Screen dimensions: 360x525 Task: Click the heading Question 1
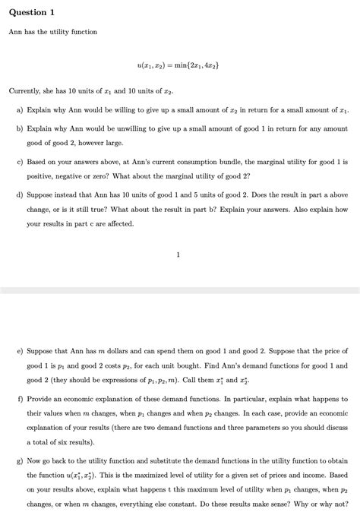[32, 12]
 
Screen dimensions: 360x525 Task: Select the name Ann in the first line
[15, 32]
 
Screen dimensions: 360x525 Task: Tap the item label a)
[21, 110]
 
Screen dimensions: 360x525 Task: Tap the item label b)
[21, 129]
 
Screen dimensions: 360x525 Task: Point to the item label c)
[21, 163]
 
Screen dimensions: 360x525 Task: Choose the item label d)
[21, 195]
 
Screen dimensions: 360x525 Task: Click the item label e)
[21, 352]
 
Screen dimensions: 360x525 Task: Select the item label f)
[21, 399]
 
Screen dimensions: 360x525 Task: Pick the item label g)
[21, 460]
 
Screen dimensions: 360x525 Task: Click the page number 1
[178, 255]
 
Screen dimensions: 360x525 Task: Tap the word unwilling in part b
[137, 129]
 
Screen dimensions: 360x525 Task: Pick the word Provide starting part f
[40, 399]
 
